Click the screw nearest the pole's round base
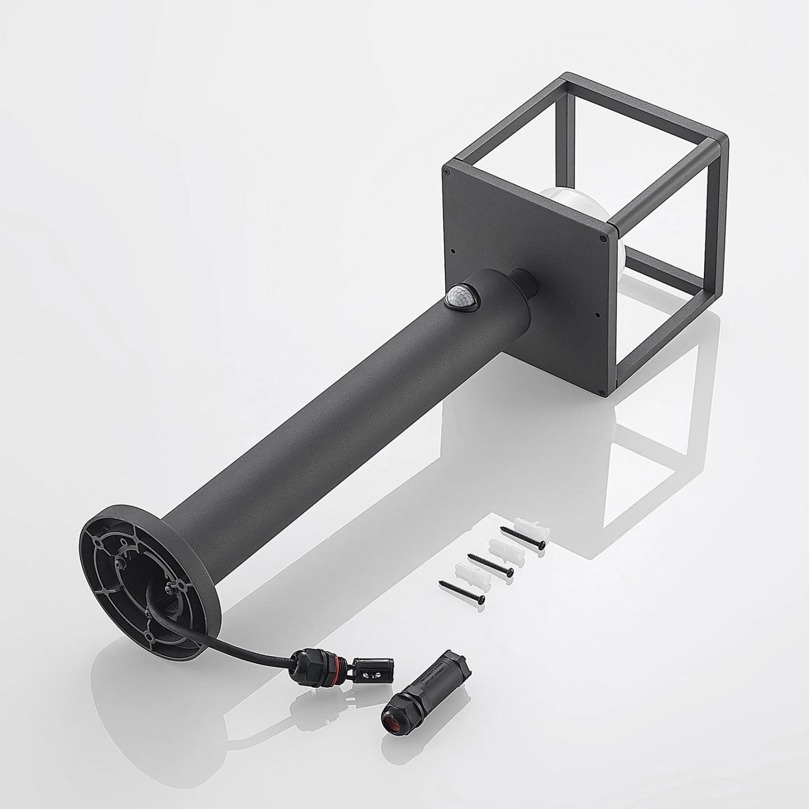(x=462, y=591)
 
